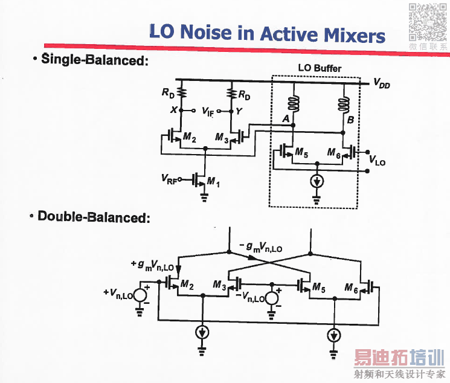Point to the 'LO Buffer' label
[x=320, y=68]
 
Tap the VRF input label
[x=169, y=179]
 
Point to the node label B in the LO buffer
[x=350, y=120]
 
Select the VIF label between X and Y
[x=208, y=111]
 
